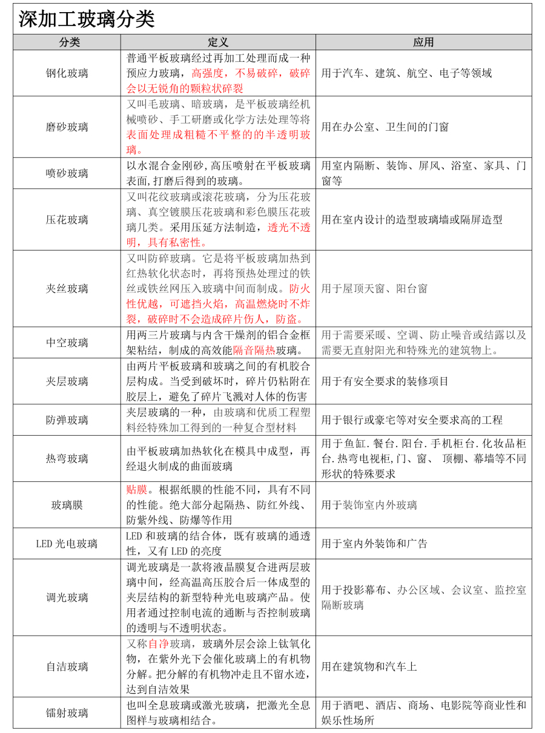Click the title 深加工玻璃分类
tap(87, 19)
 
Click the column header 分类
tap(67, 42)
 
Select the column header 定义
tap(217, 42)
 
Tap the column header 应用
tap(423, 42)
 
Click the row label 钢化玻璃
tap(67, 73)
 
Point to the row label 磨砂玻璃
tap(67, 127)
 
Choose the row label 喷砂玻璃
tap(67, 173)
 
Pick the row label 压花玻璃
tap(67, 220)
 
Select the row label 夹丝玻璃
tap(67, 289)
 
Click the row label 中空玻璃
tap(67, 343)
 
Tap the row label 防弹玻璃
tap(67, 420)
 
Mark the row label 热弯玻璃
tap(67, 459)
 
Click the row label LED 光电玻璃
tap(67, 544)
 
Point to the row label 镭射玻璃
tap(67, 713)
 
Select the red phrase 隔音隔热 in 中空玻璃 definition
tap(254, 350)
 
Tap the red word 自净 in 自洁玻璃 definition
tap(158, 643)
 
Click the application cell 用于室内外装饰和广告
tap(374, 544)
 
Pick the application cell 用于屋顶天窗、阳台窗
tap(374, 289)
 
